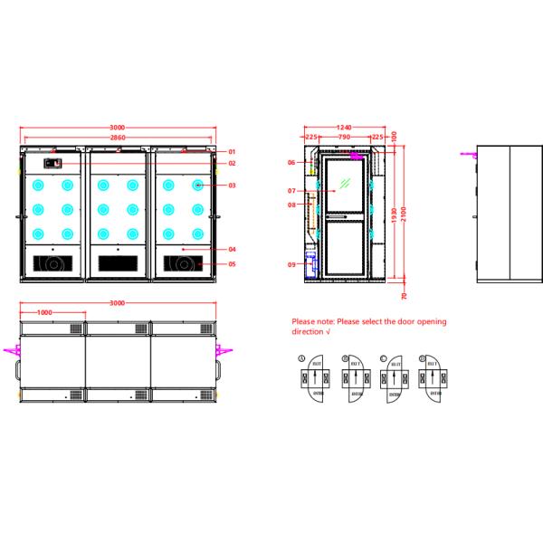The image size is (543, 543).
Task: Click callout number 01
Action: tap(232, 151)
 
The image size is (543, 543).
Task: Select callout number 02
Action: tap(232, 163)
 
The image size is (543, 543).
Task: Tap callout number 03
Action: tap(232, 186)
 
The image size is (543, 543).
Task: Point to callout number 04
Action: tap(232, 249)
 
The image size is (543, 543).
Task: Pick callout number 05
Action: tap(232, 264)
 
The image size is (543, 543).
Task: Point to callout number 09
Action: tap(291, 264)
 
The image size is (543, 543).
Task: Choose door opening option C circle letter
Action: tap(386, 358)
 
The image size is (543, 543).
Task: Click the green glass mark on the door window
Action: tap(343, 185)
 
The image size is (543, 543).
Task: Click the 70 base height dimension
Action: tap(404, 295)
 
